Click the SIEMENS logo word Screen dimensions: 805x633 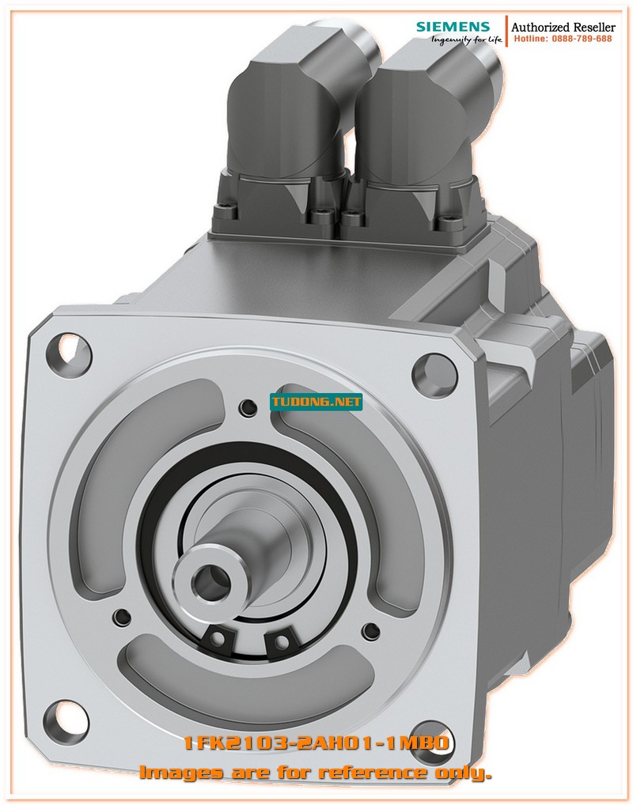[453, 27]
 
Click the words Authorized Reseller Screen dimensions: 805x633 [563, 27]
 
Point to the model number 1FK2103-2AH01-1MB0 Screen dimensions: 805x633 [316, 743]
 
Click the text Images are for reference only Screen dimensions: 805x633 [315, 772]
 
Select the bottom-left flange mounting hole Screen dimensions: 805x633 [66, 716]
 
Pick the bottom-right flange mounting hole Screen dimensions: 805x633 [434, 732]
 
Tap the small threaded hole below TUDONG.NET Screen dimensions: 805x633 [248, 407]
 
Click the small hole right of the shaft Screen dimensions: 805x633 [370, 630]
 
